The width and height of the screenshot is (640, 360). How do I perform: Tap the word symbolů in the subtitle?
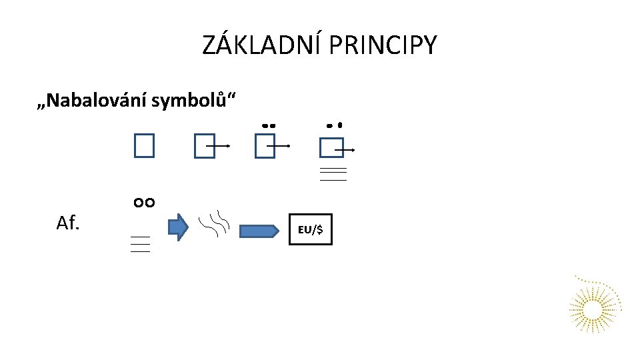(193, 101)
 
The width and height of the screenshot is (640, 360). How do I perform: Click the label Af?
(68, 223)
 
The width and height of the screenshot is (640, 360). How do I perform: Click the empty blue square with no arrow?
(143, 145)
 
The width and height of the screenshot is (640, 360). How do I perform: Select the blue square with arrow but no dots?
(205, 147)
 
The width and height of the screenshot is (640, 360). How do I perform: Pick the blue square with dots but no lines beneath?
(265, 147)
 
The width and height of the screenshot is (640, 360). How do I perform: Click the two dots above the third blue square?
(269, 125)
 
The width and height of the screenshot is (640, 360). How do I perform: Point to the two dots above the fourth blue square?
(334, 125)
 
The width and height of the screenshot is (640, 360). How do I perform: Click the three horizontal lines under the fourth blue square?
(333, 175)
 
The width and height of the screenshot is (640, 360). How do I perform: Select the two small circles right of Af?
(144, 203)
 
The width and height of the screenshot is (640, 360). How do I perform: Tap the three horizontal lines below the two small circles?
(140, 244)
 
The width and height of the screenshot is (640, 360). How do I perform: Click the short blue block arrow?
(178, 227)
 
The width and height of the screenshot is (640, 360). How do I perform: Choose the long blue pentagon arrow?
(259, 231)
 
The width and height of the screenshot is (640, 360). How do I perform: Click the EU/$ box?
(311, 229)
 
